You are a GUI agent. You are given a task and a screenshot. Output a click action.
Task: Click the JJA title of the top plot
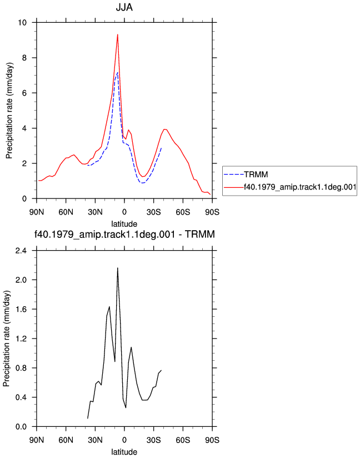124,7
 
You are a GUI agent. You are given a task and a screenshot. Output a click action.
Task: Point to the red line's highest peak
118,34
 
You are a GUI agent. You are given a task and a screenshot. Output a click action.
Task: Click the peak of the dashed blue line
117,72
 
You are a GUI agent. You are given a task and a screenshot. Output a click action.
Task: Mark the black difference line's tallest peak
118,268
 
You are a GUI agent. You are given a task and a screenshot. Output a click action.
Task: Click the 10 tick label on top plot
22,22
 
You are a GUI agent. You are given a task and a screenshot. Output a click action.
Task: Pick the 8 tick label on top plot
24,58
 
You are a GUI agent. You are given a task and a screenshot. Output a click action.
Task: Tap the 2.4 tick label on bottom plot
21,251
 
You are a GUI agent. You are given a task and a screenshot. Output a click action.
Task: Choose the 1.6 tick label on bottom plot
21,310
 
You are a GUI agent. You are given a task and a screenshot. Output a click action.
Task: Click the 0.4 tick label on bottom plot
21,397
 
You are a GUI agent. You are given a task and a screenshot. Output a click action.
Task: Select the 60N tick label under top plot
66,212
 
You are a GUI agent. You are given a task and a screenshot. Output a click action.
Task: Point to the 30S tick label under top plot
153,212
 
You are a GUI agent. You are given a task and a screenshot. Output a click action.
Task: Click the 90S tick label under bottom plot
212,440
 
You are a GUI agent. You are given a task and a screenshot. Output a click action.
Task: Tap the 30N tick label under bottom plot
95,440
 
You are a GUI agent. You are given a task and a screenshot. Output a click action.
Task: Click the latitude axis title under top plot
124,224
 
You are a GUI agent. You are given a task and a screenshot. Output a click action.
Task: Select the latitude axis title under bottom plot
124,452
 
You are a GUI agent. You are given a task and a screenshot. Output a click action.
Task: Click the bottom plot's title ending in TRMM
124,234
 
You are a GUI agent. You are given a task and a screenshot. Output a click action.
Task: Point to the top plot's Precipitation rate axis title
9,111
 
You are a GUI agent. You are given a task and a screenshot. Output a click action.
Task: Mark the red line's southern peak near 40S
165,129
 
